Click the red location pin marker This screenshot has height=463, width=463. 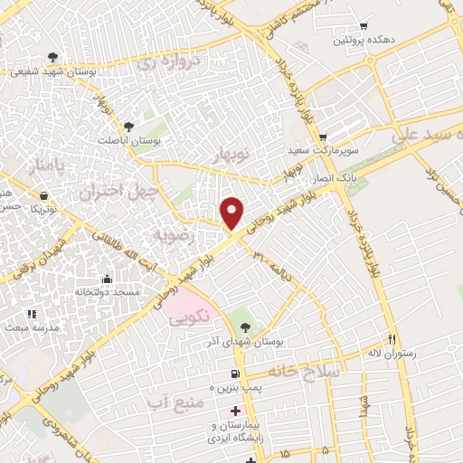232,213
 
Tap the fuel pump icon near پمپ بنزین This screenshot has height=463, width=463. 236,373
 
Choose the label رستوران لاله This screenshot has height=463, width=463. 391,353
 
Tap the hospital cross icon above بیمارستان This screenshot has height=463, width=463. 236,411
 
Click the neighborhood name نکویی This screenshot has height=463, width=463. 188,317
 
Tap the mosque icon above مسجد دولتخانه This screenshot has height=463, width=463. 108,279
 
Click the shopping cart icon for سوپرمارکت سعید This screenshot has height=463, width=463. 348,137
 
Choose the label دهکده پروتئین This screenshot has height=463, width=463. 363,42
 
